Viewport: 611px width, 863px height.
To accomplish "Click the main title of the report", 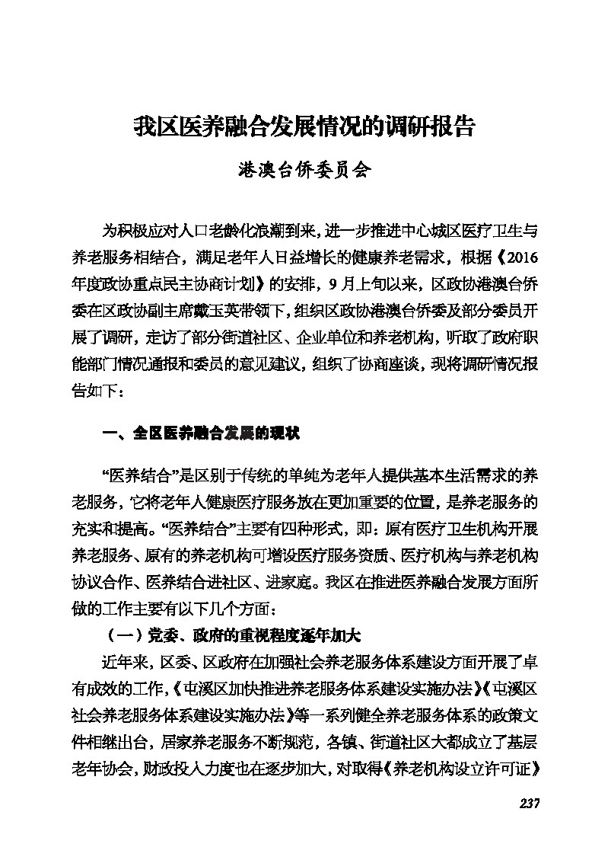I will [304, 126].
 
